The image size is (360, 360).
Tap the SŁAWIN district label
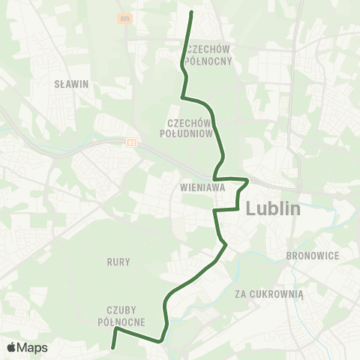pos(72,85)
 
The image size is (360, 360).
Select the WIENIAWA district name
pos(202,188)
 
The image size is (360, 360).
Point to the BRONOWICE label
pos(313,256)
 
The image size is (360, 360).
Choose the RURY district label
pos(118,262)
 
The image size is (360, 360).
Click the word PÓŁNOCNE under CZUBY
pos(120,322)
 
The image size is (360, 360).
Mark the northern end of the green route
pos(191,12)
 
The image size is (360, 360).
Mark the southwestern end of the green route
pos(112,348)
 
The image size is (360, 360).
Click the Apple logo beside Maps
pos(11,347)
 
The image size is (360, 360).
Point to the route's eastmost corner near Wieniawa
pos(247,180)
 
